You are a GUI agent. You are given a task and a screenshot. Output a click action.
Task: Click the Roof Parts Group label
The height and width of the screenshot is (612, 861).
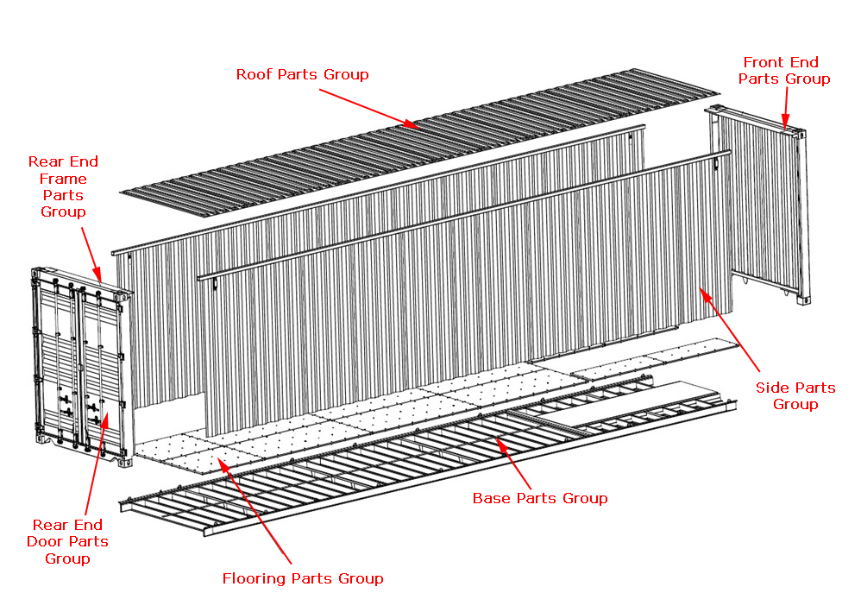point(302,74)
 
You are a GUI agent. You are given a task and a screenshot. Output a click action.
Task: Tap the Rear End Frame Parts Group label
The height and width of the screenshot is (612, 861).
point(63,186)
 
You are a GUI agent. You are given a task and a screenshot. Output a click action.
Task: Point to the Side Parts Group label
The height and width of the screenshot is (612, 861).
point(795,395)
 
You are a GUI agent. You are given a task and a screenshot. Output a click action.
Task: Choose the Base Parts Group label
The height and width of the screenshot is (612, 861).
point(540,498)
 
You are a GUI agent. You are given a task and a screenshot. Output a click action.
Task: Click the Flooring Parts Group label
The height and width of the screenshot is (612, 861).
point(303,578)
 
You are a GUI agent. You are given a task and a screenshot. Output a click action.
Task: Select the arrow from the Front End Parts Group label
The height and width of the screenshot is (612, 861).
point(785,110)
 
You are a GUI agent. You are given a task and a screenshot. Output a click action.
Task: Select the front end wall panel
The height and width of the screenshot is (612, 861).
point(759,207)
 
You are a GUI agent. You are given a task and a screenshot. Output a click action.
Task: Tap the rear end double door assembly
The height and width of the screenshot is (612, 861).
point(79,363)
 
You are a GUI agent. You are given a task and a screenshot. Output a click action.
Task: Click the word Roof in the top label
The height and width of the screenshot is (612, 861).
point(255,74)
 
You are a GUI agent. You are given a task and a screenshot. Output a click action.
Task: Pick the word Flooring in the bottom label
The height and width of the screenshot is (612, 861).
point(254,578)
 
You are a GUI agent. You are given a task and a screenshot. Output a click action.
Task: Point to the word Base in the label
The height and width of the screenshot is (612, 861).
point(491,498)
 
